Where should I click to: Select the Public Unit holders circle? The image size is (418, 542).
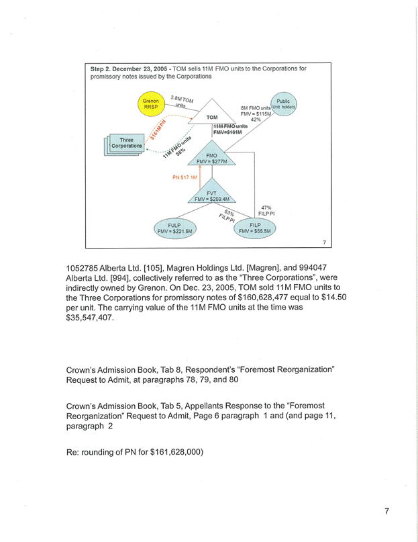click(x=282, y=105)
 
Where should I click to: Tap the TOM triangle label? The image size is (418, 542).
click(x=212, y=116)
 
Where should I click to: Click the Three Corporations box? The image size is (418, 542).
click(x=125, y=144)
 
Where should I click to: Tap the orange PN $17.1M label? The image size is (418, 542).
click(x=185, y=178)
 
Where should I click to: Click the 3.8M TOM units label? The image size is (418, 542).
click(x=181, y=101)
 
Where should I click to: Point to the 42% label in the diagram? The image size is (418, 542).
click(x=256, y=120)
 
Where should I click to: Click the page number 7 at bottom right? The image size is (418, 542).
click(x=386, y=511)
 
